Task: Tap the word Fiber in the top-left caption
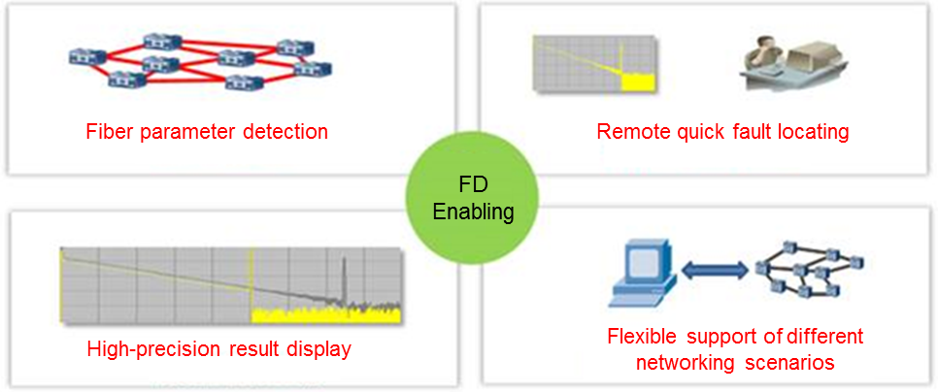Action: point(106,131)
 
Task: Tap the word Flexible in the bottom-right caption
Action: point(641,337)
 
